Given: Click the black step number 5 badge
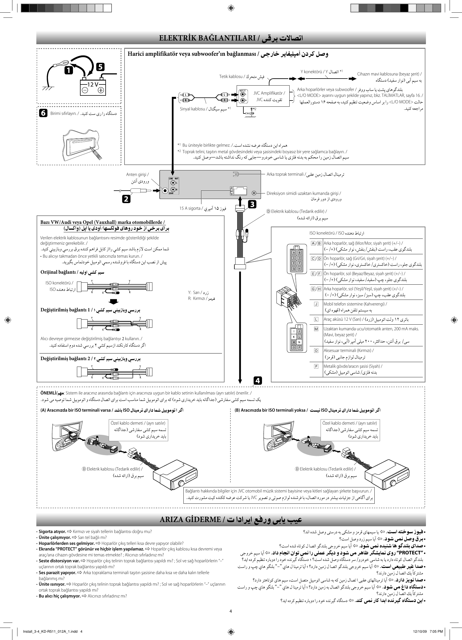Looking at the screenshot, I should [100, 67].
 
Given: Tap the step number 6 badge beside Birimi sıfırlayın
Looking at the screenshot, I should [43, 113].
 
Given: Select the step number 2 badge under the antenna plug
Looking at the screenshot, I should [126, 199].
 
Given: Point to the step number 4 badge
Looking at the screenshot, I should [257, 381].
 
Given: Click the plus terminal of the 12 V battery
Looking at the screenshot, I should [101, 90].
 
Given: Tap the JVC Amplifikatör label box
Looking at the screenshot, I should [269, 96].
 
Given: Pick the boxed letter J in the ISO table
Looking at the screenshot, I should [316, 304].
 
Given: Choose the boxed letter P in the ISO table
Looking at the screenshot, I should [316, 366].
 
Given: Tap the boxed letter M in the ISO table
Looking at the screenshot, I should [316, 329].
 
